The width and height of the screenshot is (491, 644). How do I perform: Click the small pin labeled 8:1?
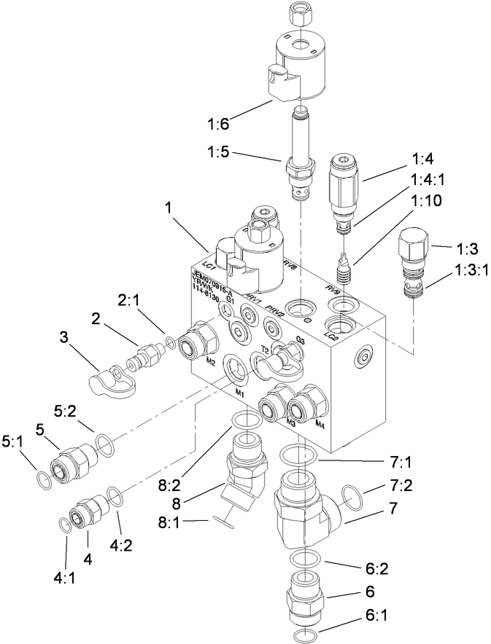tap(225, 520)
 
